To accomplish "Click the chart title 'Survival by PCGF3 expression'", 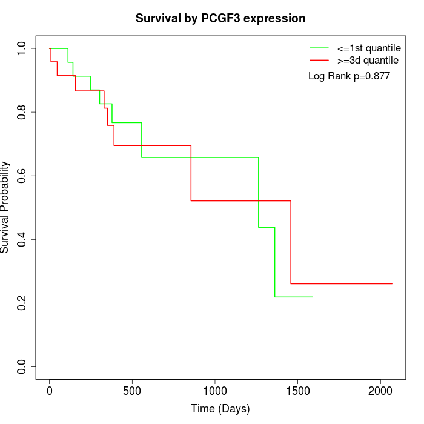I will click(220, 18).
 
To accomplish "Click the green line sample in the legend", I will click(319, 48).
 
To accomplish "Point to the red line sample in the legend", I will click(319, 60).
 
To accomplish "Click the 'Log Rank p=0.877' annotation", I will click(349, 76).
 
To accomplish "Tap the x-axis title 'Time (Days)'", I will click(220, 409).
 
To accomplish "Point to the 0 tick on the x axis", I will click(50, 391).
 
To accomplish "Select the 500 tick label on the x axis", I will click(132, 391).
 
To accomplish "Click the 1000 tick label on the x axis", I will click(215, 391).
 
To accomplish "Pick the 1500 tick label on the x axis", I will click(297, 391).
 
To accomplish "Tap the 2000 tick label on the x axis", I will click(380, 391).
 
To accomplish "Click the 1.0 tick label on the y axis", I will click(22, 48).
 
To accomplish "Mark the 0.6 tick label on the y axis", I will click(22, 176).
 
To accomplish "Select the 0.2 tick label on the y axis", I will click(22, 303).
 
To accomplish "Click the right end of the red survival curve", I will click(392, 283).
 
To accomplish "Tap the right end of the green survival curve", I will click(313, 297).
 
